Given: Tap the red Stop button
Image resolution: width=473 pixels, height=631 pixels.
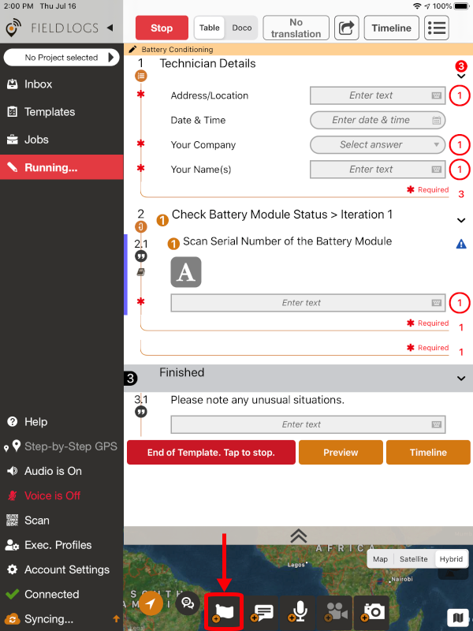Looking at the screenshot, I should point(162,28).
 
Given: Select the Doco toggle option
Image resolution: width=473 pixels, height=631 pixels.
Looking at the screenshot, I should point(242,28).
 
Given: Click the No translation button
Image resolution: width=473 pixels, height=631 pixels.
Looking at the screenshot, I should point(296,28).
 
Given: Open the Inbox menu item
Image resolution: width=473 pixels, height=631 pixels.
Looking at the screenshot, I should point(38,84).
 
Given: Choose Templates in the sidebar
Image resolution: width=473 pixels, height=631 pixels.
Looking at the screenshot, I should point(49,112).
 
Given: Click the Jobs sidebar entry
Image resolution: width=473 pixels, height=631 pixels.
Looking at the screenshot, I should point(36,140).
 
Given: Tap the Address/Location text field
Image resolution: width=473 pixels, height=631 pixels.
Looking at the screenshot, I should point(378,95).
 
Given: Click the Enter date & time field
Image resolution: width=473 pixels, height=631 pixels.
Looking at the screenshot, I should point(378,120).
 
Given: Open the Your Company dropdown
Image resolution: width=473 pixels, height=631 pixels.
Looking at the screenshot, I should point(378,144).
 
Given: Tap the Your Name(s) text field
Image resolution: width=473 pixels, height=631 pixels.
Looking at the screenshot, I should point(378,169).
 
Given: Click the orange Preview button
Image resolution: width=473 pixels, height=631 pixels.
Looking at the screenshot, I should point(341,453).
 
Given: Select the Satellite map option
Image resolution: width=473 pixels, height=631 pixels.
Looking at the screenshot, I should point(413,558).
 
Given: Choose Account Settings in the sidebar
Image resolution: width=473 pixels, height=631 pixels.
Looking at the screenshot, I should point(66,569).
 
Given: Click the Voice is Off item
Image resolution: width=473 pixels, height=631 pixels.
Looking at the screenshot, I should point(52,495).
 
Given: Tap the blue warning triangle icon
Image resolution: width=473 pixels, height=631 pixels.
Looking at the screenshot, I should point(461,245).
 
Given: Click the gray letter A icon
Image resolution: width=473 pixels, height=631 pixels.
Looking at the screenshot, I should point(186,272).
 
